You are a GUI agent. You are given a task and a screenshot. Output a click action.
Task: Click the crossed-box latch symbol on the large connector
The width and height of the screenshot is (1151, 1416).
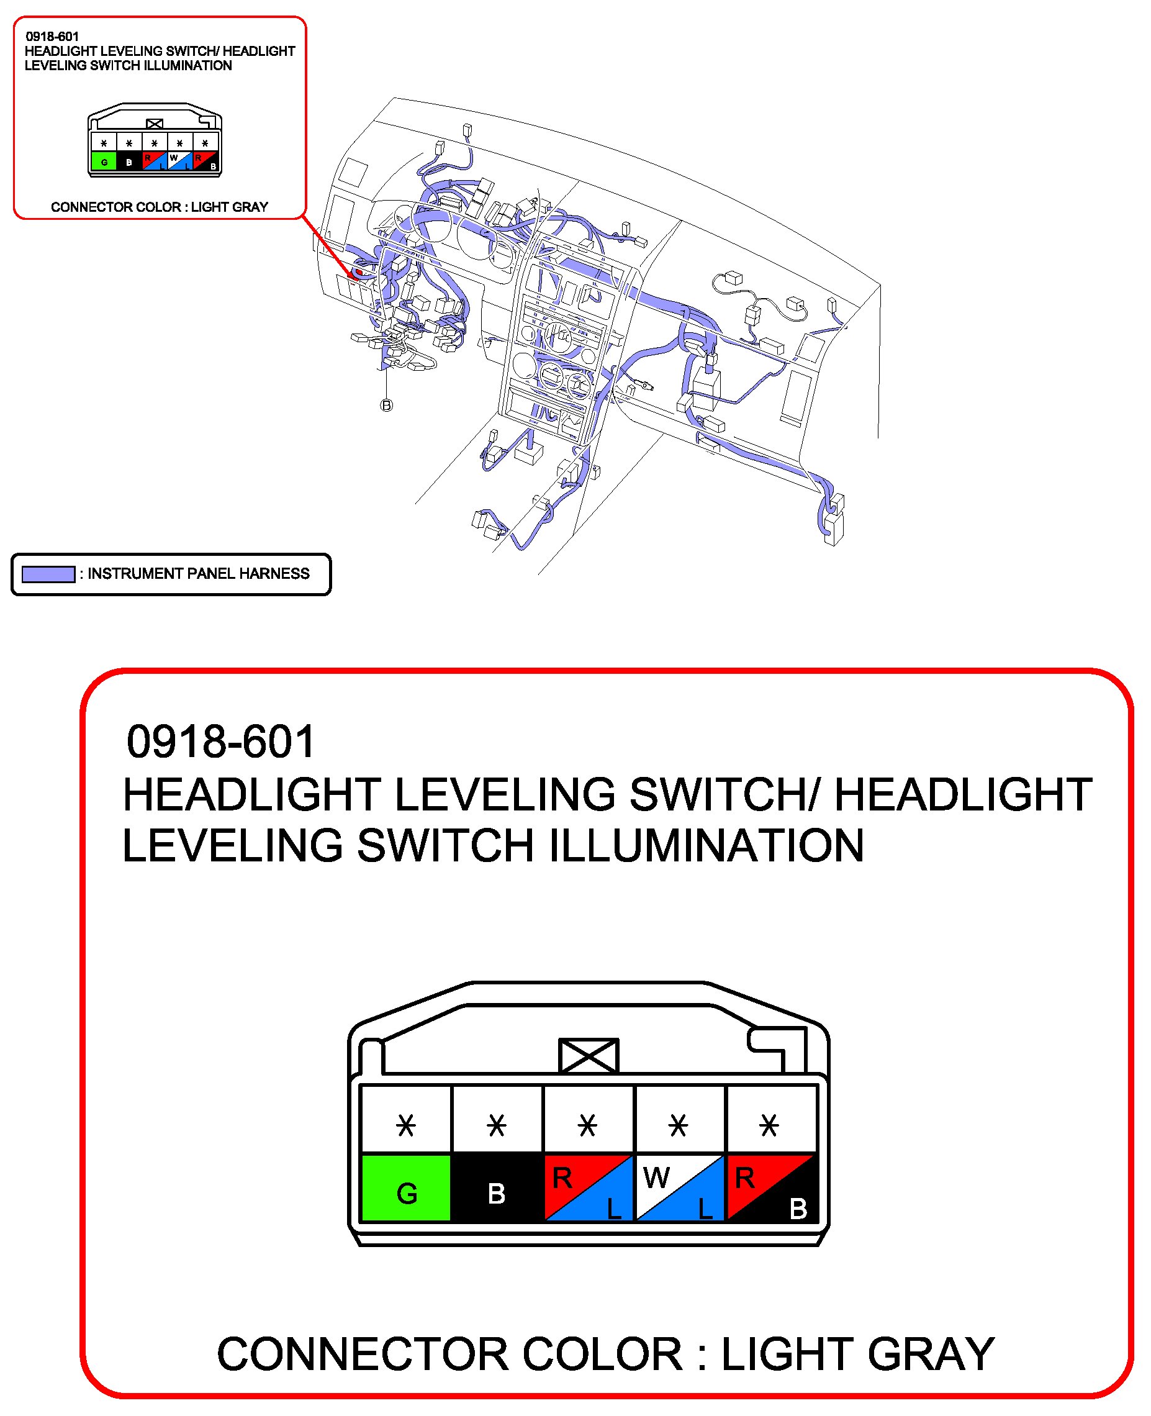589,1055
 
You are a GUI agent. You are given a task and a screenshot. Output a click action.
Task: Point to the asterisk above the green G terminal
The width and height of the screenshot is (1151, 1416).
406,1125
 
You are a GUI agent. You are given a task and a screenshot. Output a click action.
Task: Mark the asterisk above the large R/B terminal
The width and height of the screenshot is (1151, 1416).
769,1125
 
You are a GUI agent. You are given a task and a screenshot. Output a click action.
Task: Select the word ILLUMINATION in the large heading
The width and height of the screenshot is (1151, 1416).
706,846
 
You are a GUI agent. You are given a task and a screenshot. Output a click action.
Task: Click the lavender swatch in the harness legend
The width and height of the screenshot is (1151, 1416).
48,574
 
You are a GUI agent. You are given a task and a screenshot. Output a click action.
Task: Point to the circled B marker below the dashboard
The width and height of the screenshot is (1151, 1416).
387,405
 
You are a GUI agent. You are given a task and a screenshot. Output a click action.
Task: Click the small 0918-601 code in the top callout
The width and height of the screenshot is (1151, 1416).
52,37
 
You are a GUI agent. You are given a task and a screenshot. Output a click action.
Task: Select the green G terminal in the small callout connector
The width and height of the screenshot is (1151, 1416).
104,161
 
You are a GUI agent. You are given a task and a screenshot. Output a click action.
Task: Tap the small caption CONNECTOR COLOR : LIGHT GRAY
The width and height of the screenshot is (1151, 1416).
160,207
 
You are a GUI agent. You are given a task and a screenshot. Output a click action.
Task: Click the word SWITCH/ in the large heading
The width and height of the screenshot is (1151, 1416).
724,794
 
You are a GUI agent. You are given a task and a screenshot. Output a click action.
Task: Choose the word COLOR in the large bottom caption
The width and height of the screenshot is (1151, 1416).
602,1354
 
